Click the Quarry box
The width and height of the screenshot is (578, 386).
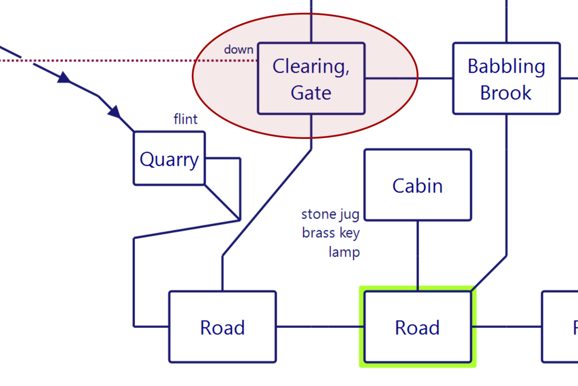[169, 158]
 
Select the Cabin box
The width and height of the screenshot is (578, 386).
[418, 185]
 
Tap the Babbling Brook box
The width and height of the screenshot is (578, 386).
[507, 79]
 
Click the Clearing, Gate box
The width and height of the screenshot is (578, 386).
[311, 79]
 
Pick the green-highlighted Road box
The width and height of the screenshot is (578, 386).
[418, 327]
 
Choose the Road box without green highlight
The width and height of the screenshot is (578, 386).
[222, 327]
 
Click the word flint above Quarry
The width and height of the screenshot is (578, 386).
[185, 119]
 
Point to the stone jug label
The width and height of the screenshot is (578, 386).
[330, 214]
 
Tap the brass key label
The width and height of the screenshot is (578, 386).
[331, 233]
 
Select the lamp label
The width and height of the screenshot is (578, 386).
[344, 252]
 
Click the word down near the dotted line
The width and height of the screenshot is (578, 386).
[239, 49]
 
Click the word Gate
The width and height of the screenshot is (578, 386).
[311, 93]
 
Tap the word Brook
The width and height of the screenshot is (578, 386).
[506, 93]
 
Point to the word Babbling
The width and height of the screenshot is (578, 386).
[507, 66]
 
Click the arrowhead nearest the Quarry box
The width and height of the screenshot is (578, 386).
[115, 112]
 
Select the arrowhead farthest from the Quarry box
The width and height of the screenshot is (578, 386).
[64, 78]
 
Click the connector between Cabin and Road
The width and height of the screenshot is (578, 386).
[418, 256]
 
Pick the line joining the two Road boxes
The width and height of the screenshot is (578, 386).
[320, 327]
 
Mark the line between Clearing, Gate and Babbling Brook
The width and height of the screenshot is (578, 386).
[409, 78]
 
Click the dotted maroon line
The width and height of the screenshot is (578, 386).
[129, 60]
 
